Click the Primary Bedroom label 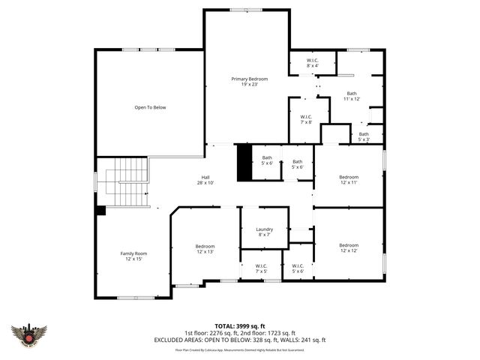[249, 82]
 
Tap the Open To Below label [150, 107]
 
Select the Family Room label [134, 256]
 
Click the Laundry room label [264, 232]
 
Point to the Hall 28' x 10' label [205, 180]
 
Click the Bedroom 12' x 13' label [205, 249]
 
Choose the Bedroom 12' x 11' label [349, 180]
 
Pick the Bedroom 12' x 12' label [349, 248]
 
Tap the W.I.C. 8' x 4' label [313, 63]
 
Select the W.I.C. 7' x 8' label [306, 119]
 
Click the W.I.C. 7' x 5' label [261, 268]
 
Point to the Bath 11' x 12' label [352, 96]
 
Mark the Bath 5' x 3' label [364, 136]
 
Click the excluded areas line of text [240, 340]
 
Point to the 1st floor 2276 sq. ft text [211, 332]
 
